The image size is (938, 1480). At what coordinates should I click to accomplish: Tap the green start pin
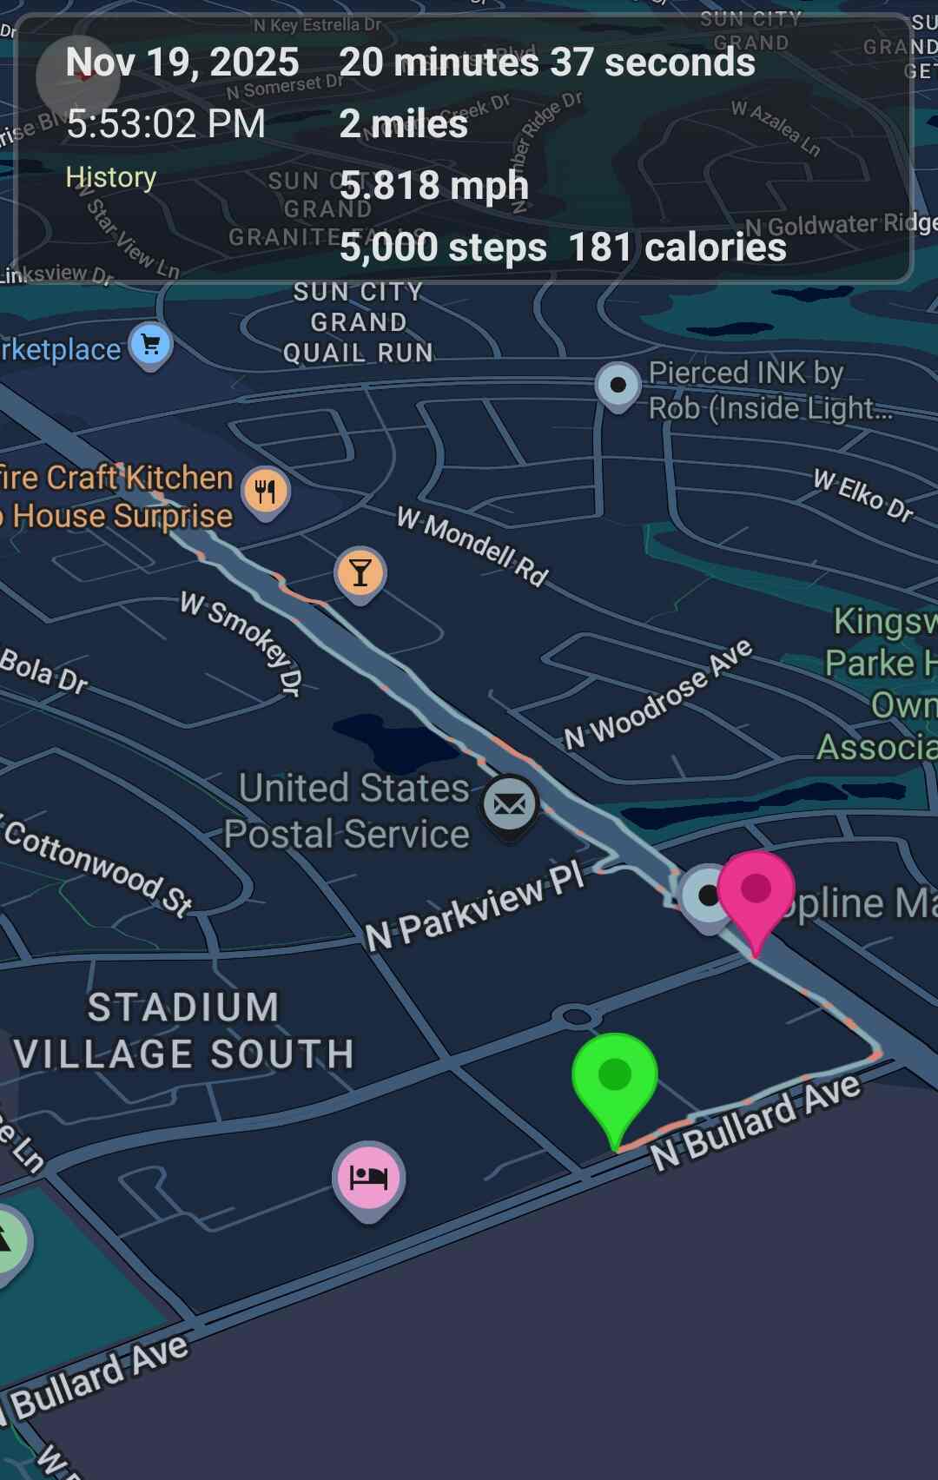coord(615,1077)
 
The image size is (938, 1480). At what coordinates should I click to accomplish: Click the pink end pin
coord(756,889)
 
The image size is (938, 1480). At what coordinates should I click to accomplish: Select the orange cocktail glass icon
coord(360,573)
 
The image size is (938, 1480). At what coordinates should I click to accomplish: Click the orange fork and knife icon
coord(266,492)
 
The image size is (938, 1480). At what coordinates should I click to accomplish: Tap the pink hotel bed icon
coord(368,1177)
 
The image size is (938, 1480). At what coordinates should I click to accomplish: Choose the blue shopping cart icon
coord(151,345)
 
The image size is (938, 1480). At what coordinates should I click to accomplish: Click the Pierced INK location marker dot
coord(618,384)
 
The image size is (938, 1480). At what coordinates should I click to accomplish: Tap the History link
coord(111,177)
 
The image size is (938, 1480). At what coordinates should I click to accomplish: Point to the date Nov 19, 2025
coord(182,63)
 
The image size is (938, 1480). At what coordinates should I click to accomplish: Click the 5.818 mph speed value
coord(434,186)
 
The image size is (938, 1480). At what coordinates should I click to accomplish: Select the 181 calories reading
coord(677,248)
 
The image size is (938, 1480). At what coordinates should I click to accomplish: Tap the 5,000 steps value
coord(443,248)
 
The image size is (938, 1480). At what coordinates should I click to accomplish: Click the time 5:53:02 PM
coord(166,124)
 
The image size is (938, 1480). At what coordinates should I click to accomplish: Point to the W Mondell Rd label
coord(473,545)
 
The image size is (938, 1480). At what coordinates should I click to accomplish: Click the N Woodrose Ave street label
coord(658,695)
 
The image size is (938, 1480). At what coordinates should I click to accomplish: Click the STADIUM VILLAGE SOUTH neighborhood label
coord(184,1031)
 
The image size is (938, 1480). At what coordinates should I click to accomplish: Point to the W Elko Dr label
coord(863,495)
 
